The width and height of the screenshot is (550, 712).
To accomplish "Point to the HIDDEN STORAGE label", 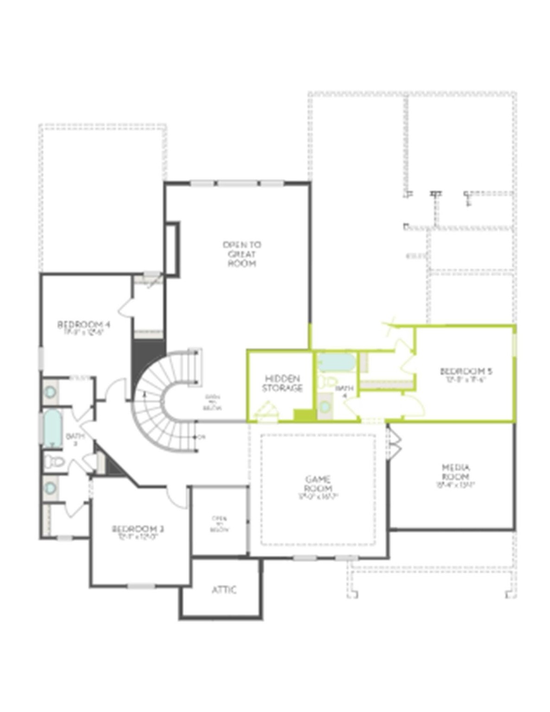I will pyautogui.click(x=282, y=383).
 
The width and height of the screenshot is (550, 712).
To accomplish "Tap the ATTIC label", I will pyautogui.click(x=224, y=590).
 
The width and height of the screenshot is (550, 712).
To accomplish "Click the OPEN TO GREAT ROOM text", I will pyautogui.click(x=242, y=254).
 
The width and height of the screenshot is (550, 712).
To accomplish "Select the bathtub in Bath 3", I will pyautogui.click(x=52, y=428).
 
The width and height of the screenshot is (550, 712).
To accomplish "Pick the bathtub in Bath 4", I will pyautogui.click(x=337, y=362).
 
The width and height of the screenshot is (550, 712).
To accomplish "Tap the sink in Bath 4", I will pyautogui.click(x=326, y=407).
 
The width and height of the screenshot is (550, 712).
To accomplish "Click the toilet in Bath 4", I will pyautogui.click(x=328, y=382).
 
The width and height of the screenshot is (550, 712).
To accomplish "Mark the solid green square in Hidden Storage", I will pyautogui.click(x=303, y=415).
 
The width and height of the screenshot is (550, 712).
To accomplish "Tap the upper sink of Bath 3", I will pyautogui.click(x=50, y=392).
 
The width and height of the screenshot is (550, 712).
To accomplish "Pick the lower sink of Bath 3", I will pyautogui.click(x=50, y=488).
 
